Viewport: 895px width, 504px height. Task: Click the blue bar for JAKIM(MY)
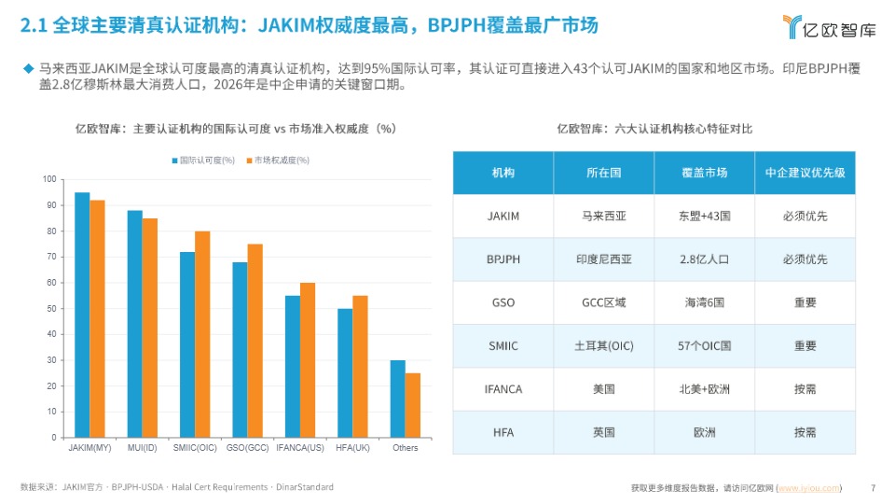[x=82, y=315]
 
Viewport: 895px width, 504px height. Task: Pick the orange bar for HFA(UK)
[x=360, y=366]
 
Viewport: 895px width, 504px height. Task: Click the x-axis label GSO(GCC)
[x=247, y=448]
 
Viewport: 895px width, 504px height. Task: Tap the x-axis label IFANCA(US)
[x=300, y=448]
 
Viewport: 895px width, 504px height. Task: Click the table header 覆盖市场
[x=704, y=173]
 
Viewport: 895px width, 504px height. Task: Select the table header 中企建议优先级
[x=805, y=173]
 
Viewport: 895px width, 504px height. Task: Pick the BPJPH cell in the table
[x=503, y=259]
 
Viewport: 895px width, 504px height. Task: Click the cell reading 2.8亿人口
[x=704, y=259]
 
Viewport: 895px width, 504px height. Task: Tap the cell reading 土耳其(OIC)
[x=603, y=346]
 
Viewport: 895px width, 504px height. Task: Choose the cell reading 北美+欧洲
[x=704, y=389]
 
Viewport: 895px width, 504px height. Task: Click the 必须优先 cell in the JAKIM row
[x=805, y=217]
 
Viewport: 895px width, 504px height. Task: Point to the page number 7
[x=873, y=487]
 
